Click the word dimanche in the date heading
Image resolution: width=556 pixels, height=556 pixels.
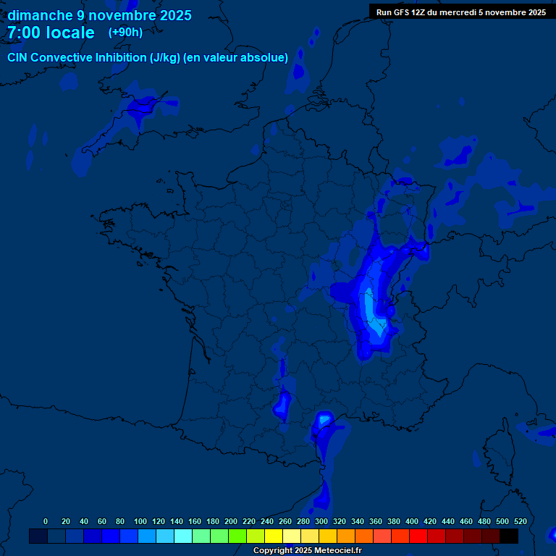pyautogui.click(x=39, y=15)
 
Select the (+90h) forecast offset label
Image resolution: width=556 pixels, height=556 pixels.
pyautogui.click(x=125, y=33)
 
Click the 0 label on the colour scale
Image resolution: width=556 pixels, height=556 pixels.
pyautogui.click(x=46, y=521)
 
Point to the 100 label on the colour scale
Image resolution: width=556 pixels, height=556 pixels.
pyautogui.click(x=140, y=521)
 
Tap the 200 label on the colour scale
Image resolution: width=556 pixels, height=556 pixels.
pyautogui.click(x=230, y=521)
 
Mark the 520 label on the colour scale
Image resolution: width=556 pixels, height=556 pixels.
pyautogui.click(x=520, y=521)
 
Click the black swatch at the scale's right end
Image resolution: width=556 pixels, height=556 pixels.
pyautogui.click(x=509, y=536)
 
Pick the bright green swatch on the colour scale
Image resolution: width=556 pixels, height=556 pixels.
pyautogui.click(x=237, y=536)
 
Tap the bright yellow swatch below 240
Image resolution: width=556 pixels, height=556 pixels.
pyautogui.click(x=274, y=536)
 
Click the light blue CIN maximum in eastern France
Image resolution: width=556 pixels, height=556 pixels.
pyautogui.click(x=371, y=308)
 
